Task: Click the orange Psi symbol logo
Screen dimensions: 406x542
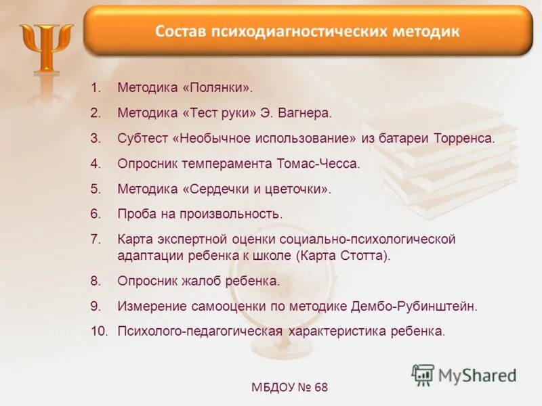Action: coord(46,49)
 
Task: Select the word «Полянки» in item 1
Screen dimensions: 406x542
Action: coord(218,88)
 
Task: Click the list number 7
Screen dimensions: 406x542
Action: coord(95,239)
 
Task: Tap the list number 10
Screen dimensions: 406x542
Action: coord(99,331)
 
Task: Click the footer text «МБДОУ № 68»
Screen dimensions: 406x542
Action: coord(289,388)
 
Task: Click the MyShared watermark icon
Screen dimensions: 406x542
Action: coord(423,374)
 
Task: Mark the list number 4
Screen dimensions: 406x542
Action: coord(95,163)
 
